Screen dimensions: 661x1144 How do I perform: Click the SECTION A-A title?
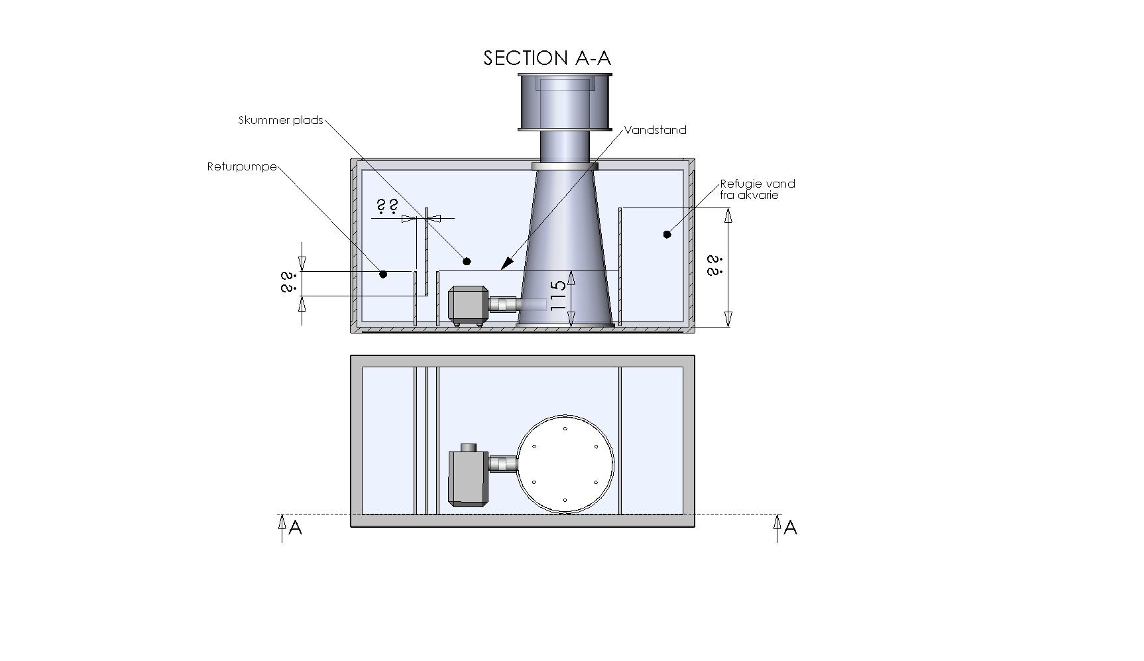[x=547, y=58]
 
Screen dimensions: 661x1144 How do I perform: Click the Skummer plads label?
[x=280, y=120]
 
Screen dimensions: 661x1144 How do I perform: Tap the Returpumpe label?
[x=242, y=166]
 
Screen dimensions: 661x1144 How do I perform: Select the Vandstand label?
[x=656, y=130]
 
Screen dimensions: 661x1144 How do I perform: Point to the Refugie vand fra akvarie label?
[x=757, y=189]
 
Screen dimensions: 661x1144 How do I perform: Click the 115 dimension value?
[x=559, y=295]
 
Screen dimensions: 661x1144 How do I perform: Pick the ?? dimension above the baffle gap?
[x=388, y=206]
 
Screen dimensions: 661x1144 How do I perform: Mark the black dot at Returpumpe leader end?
[x=383, y=274]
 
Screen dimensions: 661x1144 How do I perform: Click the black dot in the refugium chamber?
[x=667, y=234]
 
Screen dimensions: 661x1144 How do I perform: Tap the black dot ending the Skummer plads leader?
[x=467, y=262]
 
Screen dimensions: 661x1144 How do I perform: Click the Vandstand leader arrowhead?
[x=506, y=265]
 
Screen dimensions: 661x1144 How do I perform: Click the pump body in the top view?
[x=468, y=477]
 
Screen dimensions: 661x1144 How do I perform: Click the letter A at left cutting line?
[x=296, y=528]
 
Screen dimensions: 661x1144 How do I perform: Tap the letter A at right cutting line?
[x=790, y=528]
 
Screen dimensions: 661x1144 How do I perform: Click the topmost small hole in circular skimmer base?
[x=565, y=428]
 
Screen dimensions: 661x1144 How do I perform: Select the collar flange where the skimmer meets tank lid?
[x=565, y=166]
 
